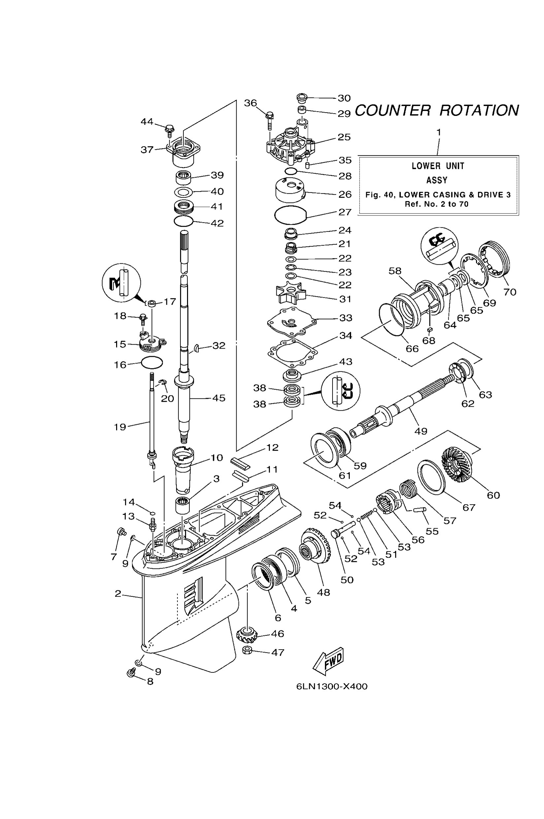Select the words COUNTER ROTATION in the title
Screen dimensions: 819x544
tap(436, 110)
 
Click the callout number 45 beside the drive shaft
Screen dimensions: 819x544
tap(219, 398)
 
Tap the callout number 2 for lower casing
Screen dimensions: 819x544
tap(118, 594)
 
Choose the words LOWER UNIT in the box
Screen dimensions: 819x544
tap(438, 166)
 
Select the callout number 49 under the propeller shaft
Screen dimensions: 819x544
tap(421, 431)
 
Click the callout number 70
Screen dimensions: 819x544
tap(510, 292)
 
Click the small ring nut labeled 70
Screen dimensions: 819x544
tap(495, 259)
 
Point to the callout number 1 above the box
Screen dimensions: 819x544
tap(438, 132)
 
